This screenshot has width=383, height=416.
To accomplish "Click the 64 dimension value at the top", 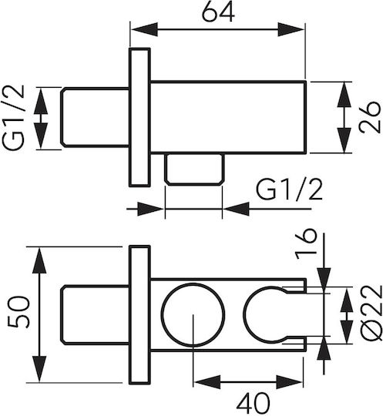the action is (218, 12).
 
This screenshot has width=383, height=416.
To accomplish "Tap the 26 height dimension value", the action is (370, 117).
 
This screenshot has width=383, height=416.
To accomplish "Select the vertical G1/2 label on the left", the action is (13, 118).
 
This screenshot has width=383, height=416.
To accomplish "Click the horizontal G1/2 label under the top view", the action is (289, 190).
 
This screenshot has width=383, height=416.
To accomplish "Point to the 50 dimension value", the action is (18, 312).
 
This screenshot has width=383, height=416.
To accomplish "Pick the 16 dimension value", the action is (306, 244).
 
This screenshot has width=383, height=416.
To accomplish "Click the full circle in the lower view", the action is (193, 315).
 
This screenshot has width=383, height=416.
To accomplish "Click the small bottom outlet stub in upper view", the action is (193, 169).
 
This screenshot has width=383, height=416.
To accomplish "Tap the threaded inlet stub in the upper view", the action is (96, 117).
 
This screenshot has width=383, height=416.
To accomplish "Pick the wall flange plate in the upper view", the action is (139, 117).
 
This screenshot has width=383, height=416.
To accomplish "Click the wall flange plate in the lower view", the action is (139, 314).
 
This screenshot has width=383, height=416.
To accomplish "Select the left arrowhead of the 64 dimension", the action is (145, 29).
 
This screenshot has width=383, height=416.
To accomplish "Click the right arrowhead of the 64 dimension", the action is (291, 29).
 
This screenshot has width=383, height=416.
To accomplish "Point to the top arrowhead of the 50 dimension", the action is (39, 260).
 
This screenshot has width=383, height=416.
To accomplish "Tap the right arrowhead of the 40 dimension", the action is (290, 382).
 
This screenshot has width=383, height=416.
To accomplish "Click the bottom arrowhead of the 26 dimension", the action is (344, 139).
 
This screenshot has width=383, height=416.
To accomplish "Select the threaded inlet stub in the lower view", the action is (96, 315).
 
